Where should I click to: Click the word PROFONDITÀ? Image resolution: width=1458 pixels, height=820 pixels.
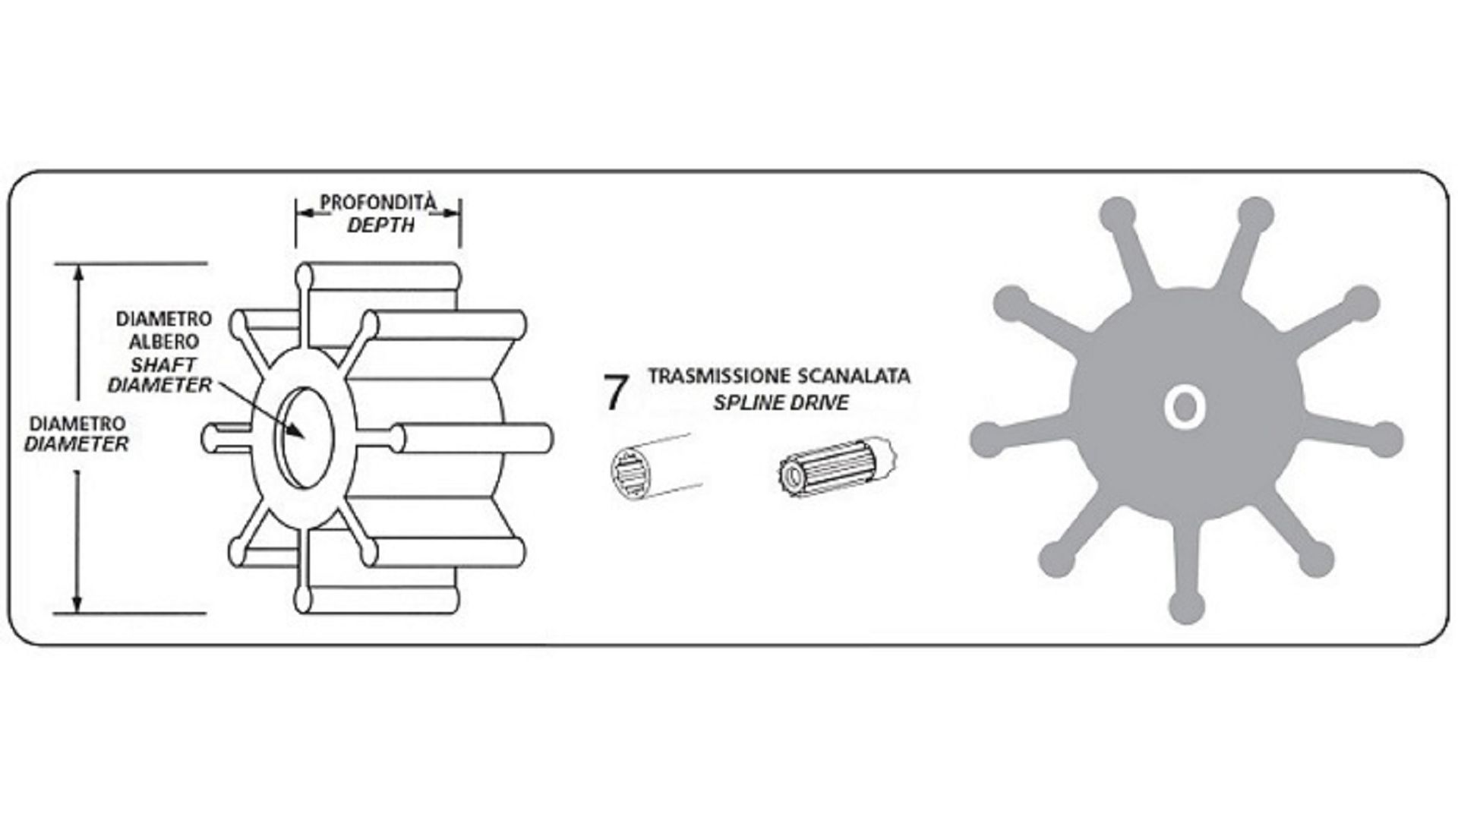378,203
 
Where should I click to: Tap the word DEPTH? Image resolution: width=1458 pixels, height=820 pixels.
380,225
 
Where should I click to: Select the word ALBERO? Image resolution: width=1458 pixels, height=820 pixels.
163,342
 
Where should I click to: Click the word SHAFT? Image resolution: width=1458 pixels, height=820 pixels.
164,364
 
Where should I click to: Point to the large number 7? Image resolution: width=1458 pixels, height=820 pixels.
617,392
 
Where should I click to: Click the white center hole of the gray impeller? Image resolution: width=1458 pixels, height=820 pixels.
1185,408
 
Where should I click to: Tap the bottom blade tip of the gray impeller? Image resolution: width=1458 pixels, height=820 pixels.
1187,607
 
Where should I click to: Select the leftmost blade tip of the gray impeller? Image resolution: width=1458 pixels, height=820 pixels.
988,439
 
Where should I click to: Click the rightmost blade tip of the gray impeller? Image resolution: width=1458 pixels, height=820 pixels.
1384,439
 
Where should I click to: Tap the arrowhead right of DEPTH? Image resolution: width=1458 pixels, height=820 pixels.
450,213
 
